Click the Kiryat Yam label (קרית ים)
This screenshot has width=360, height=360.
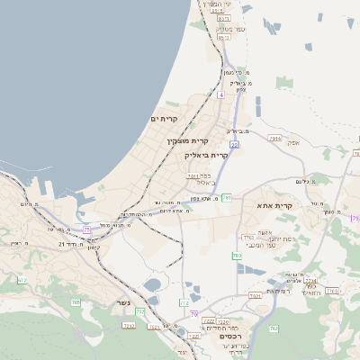click(x=165, y=119)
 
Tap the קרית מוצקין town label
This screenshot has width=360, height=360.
click(x=187, y=140)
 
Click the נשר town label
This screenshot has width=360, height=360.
click(x=122, y=303)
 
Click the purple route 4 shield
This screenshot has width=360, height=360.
click(x=220, y=94)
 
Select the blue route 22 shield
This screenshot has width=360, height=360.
click(x=234, y=144)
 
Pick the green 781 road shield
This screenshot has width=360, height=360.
click(x=228, y=196)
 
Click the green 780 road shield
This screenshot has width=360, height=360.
click(x=237, y=256)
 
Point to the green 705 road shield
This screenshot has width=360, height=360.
click(x=76, y=302)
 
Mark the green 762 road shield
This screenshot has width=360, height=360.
click(x=333, y=291)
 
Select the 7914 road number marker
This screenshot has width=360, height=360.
click(x=275, y=138)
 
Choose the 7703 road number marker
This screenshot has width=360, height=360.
click(x=248, y=238)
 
